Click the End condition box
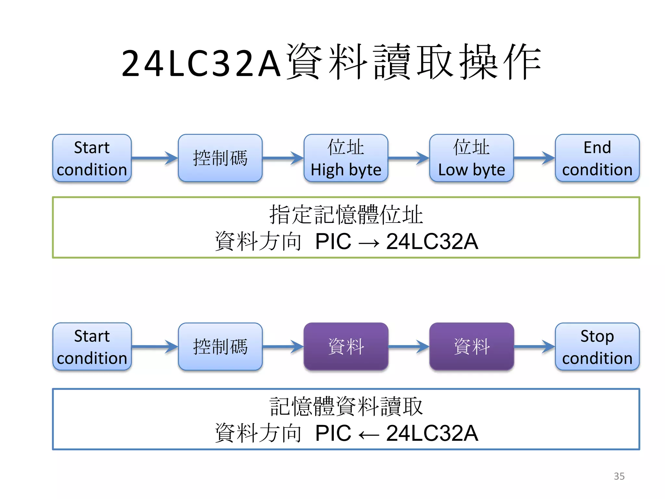pyautogui.click(x=597, y=158)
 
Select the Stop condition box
pyautogui.click(x=597, y=347)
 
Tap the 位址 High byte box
pyautogui.click(x=346, y=158)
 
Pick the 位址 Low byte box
pyautogui.click(x=471, y=158)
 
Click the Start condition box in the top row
pyautogui.click(x=92, y=158)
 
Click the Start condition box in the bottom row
pyautogui.click(x=92, y=347)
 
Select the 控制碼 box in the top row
pyautogui.click(x=220, y=158)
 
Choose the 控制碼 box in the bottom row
pyautogui.click(x=220, y=347)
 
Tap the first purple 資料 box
pyautogui.click(x=346, y=347)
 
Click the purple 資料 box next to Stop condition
pyautogui.click(x=471, y=347)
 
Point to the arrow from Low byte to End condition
pyautogui.click(x=534, y=158)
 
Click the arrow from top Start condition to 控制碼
pyautogui.click(x=155, y=158)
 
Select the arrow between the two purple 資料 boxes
pyautogui.click(x=408, y=347)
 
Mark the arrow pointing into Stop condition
pyautogui.click(x=534, y=347)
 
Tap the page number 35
pyautogui.click(x=619, y=476)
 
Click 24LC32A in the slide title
pyautogui.click(x=201, y=63)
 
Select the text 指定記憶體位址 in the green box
pyautogui.click(x=346, y=215)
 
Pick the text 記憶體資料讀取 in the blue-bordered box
pyautogui.click(x=346, y=406)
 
